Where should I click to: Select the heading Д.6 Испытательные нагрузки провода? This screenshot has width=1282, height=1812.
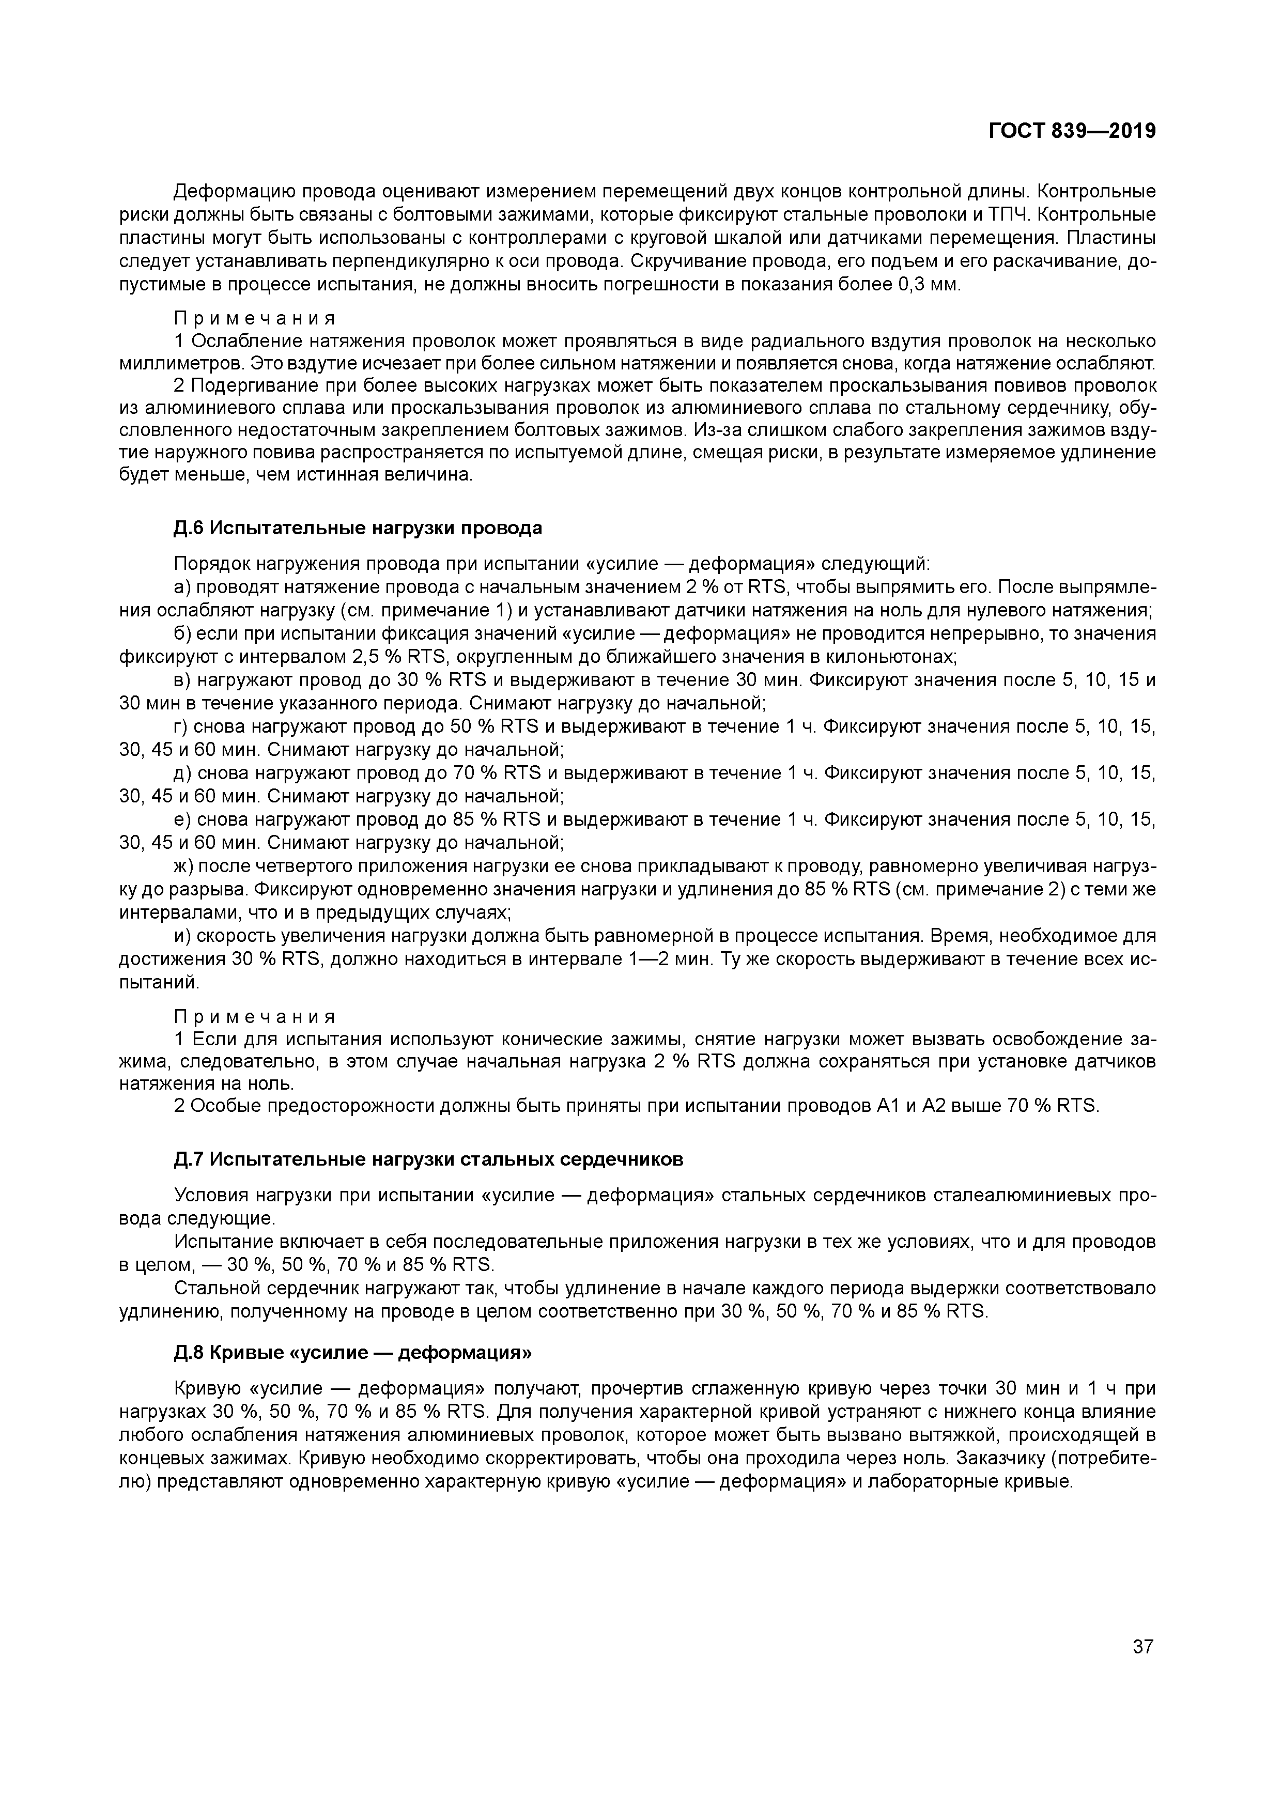(x=358, y=528)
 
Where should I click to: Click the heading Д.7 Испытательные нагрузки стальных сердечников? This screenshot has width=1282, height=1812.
(x=428, y=1159)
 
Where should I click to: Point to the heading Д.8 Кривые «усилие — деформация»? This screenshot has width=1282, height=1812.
(x=353, y=1353)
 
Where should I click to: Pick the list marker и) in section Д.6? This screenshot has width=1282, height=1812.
(x=182, y=936)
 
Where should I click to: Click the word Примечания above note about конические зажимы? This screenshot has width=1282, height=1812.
(x=254, y=1016)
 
